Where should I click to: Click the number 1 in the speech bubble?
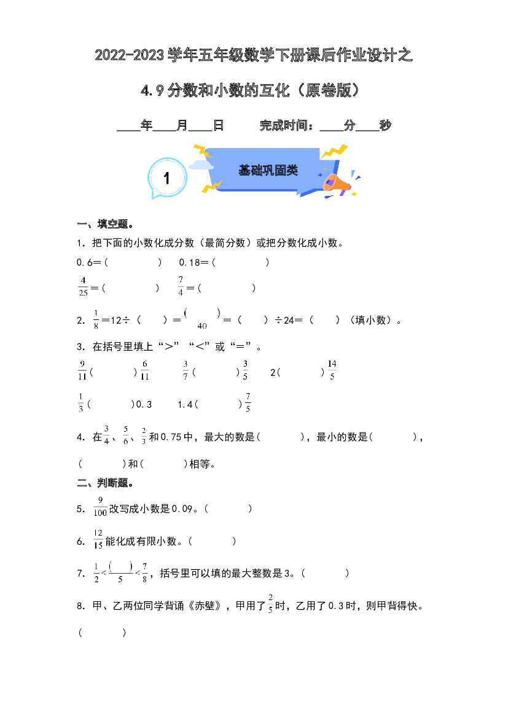click(x=166, y=178)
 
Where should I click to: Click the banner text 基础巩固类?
click(x=268, y=170)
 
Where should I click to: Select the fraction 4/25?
click(x=83, y=286)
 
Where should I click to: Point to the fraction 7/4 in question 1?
click(x=181, y=286)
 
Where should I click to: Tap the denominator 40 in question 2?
click(x=202, y=326)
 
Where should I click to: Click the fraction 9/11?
click(x=82, y=370)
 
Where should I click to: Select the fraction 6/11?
click(x=145, y=370)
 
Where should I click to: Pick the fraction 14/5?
click(x=332, y=370)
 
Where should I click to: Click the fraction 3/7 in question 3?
click(x=186, y=370)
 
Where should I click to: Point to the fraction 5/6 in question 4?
click(x=125, y=435)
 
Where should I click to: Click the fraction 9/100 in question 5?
click(x=100, y=507)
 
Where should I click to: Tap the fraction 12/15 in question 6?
click(x=98, y=539)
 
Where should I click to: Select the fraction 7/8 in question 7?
click(x=145, y=572)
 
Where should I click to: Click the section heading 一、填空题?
click(x=106, y=224)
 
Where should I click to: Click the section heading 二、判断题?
click(x=106, y=483)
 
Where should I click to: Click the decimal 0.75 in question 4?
click(x=171, y=437)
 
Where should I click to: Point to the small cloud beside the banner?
click(x=201, y=165)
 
